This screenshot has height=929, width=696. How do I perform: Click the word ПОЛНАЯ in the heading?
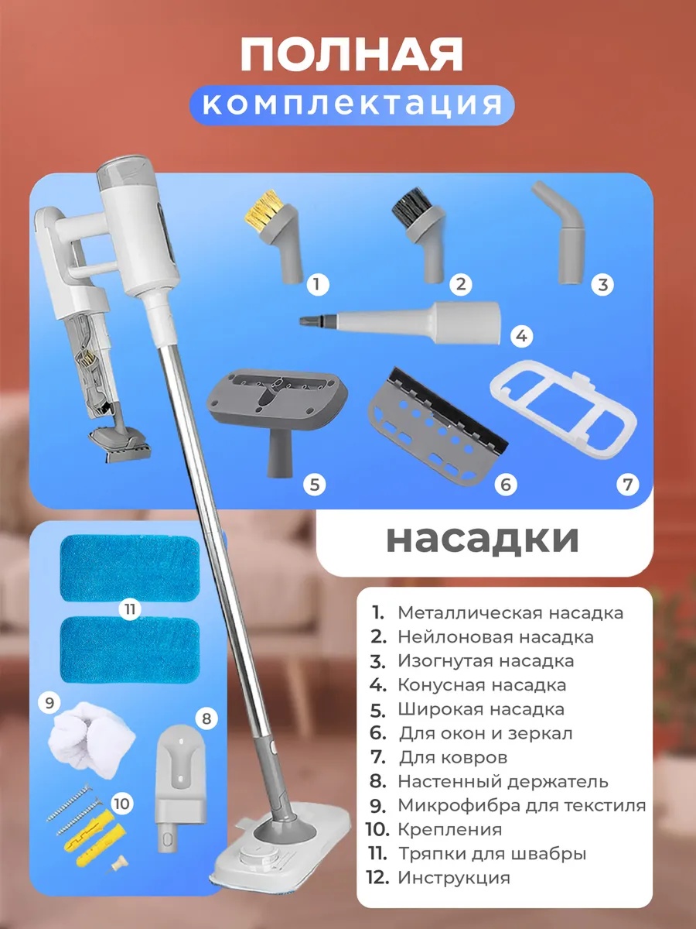352,56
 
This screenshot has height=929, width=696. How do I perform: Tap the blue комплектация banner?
352,105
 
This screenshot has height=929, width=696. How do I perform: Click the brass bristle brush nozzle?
275,235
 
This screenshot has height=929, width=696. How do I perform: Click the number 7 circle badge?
627,484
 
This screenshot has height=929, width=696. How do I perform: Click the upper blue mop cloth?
130,568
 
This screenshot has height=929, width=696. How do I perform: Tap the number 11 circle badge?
130,609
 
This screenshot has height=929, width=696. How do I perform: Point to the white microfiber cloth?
92,739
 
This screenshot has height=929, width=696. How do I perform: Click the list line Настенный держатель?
489,781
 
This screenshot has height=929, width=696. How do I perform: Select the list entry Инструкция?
438,877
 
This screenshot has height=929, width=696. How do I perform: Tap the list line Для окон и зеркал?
470,733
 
